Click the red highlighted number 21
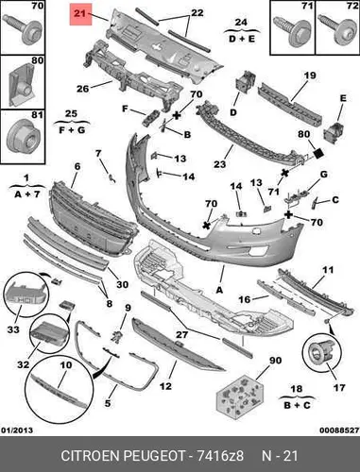[x=80, y=14]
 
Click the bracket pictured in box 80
[x=22, y=85]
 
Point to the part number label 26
[x=83, y=89]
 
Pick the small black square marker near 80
[x=318, y=153]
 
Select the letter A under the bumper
[x=219, y=290]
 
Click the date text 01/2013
[x=17, y=430]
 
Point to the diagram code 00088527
[x=339, y=430]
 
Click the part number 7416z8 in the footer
[x=220, y=456]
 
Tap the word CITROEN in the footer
[x=90, y=456]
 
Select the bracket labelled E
[x=334, y=132]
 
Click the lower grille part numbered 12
[x=177, y=346]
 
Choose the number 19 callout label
[x=310, y=76]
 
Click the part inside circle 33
[x=26, y=294]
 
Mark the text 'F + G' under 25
[x=72, y=129]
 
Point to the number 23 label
[x=220, y=164]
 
